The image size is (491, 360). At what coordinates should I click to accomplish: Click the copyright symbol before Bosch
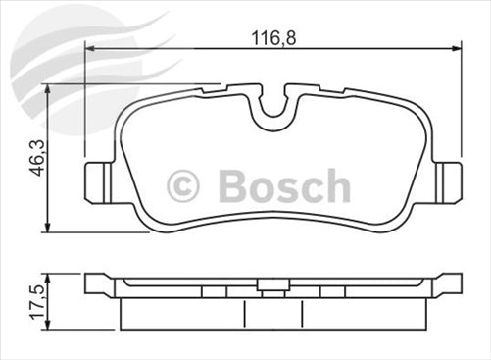tap(183, 185)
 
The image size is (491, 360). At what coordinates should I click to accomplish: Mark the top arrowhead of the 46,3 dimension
tap(46, 89)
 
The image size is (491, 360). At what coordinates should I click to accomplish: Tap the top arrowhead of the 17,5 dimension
tap(46, 278)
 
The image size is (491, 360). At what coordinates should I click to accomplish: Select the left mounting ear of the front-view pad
tap(98, 180)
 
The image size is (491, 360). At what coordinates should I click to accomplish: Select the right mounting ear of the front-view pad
tap(448, 180)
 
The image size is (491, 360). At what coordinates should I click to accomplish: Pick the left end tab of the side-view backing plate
tap(98, 284)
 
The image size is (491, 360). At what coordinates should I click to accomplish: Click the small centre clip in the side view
tap(273, 288)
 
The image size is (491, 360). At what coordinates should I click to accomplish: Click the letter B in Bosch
tap(230, 185)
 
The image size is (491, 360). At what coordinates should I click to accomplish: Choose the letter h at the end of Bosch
tap(336, 185)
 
